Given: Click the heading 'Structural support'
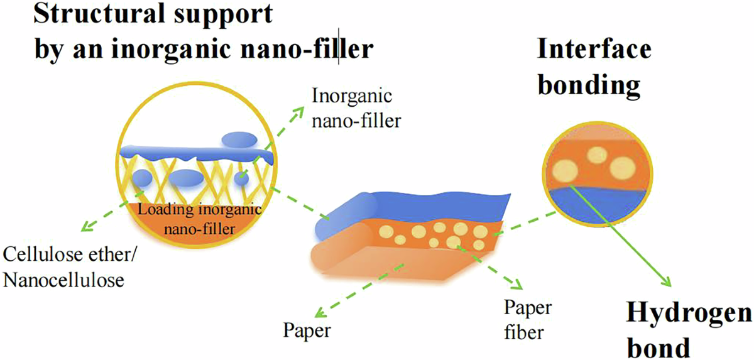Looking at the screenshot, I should click(154, 14).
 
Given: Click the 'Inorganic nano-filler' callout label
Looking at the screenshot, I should click(355, 107).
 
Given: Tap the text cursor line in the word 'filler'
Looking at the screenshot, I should click(340, 49).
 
